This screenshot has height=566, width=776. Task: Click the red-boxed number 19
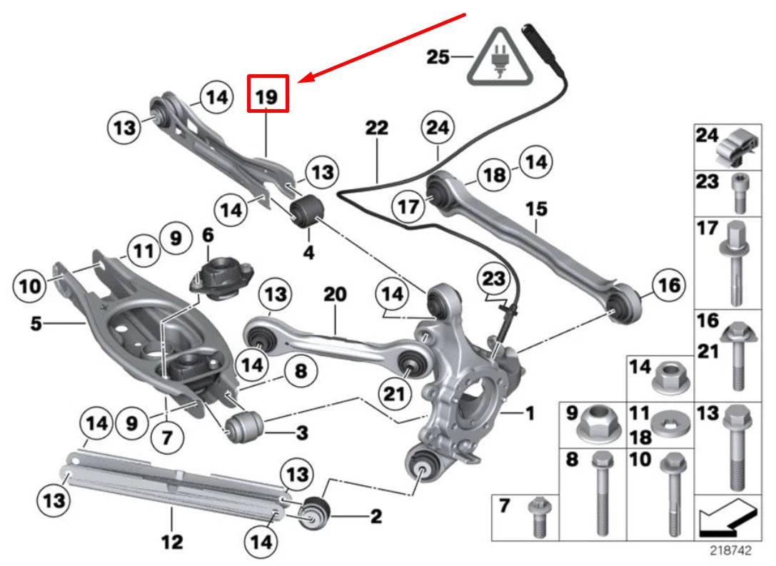click(267, 94)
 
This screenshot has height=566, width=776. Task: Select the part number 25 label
click(438, 56)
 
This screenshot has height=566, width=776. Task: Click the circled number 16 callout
click(668, 286)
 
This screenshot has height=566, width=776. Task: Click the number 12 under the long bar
click(172, 542)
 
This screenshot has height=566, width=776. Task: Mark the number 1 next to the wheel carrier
click(529, 413)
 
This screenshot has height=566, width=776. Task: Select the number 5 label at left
click(36, 323)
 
